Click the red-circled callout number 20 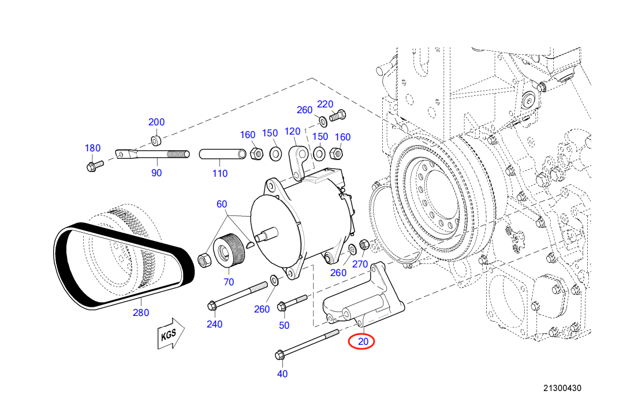(x=362, y=341)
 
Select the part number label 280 (x=140, y=312)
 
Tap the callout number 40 (x=282, y=374)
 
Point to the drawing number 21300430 (x=562, y=388)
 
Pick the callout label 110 (x=219, y=173)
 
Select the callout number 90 (x=156, y=173)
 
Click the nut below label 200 (x=156, y=140)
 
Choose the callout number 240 (x=214, y=324)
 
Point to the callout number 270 (x=360, y=265)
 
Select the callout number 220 (x=325, y=104)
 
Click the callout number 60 (x=222, y=204)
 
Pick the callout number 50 (x=284, y=325)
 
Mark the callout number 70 (x=229, y=282)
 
